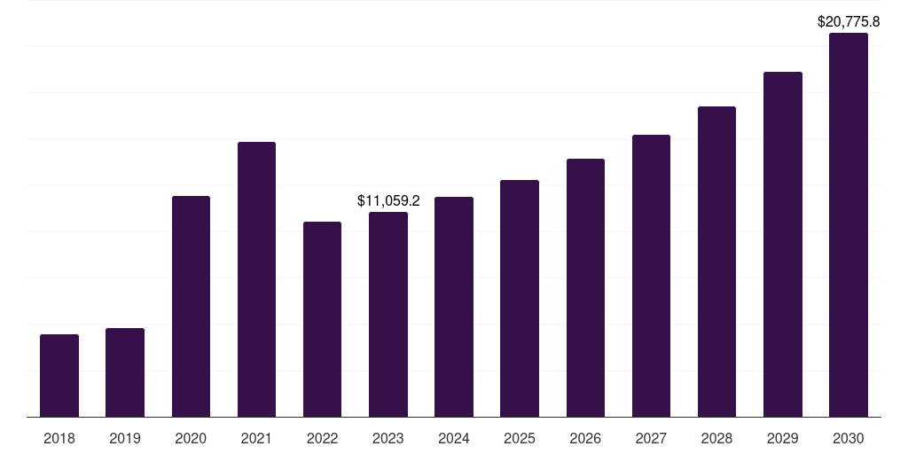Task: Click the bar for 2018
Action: (59, 375)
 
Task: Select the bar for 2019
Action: (125, 372)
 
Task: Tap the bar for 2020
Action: (191, 306)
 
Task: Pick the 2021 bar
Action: (256, 279)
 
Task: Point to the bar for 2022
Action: (322, 319)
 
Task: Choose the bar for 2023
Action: (388, 314)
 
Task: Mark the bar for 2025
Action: (520, 298)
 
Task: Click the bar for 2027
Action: (651, 276)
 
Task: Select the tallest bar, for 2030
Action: (849, 225)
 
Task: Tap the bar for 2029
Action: (783, 244)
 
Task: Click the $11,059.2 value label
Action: (388, 201)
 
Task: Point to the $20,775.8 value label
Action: (849, 21)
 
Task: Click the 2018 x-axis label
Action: (59, 438)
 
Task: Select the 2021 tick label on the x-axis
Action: (256, 438)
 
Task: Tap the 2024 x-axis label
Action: (454, 438)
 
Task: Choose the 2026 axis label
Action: (585, 438)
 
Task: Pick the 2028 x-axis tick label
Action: (716, 438)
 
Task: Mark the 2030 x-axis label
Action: (849, 438)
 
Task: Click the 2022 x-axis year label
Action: (322, 438)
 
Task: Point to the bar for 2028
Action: (716, 262)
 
